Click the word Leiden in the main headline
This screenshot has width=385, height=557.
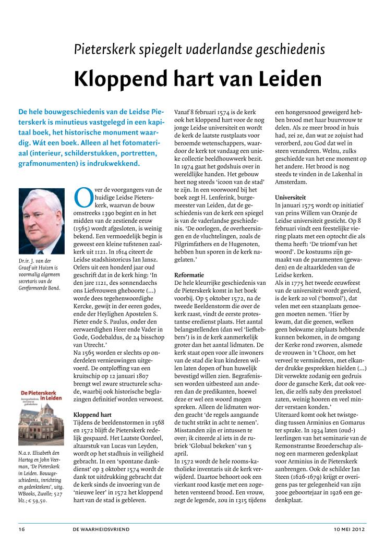(x=289, y=79)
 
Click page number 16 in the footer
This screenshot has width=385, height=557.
(x=22, y=529)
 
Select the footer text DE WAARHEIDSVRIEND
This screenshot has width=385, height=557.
(x=101, y=529)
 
